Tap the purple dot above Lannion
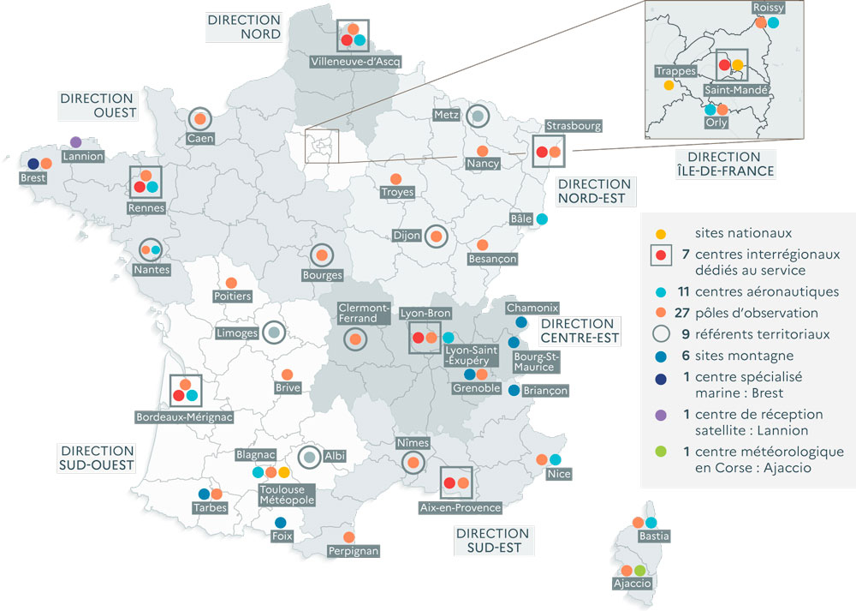pos(75,141)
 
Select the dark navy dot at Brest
pos(33,164)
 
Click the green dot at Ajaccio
pos(640,570)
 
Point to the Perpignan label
pos(353,551)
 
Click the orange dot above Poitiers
pos(230,283)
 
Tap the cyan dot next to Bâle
pos(542,219)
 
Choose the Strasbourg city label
pos(574,126)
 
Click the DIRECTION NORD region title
pos(244,27)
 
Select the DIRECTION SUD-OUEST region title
pos(98,458)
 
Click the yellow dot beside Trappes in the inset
pos(669,85)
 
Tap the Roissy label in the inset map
pos(769,8)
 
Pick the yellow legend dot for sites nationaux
pos(660,233)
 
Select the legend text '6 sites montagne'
pos(737,356)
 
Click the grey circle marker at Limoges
pos(273,332)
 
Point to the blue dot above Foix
pos(280,523)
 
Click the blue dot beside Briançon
pos(514,391)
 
